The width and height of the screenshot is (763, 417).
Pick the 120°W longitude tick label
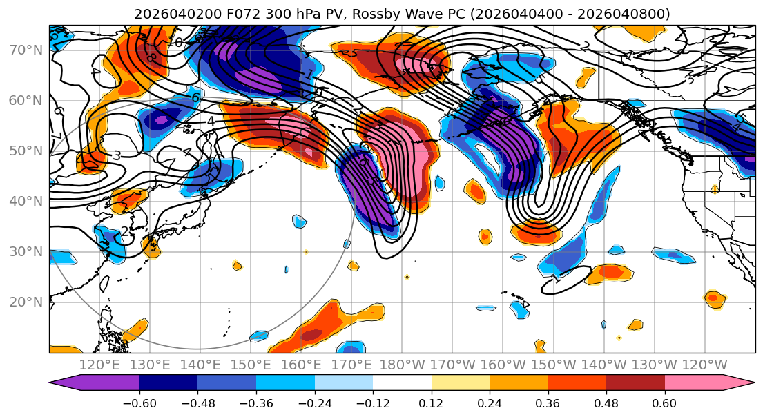coord(704,365)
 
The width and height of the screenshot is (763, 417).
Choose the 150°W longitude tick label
coord(553,365)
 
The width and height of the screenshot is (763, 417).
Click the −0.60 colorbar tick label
coord(139,402)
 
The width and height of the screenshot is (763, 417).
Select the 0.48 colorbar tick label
coord(606,402)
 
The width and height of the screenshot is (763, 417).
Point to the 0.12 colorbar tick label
coord(431,402)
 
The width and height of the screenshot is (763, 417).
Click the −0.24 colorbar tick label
coord(314,402)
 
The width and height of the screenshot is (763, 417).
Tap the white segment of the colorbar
coord(402,384)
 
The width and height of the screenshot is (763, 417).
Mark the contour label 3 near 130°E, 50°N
coord(117,156)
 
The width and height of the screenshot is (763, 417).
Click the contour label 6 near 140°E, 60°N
coord(195,99)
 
